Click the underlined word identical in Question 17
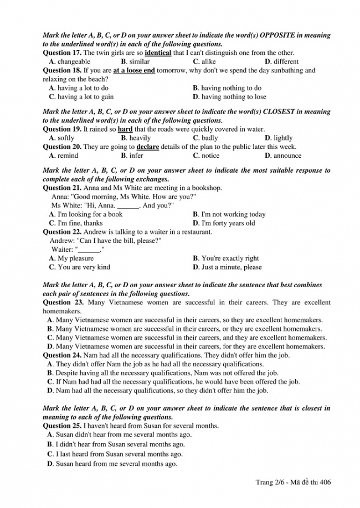tap(158, 53)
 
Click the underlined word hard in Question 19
tap(125, 129)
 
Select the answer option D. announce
tap(283, 155)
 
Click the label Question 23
tap(63, 302)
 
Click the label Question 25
tap(62, 426)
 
